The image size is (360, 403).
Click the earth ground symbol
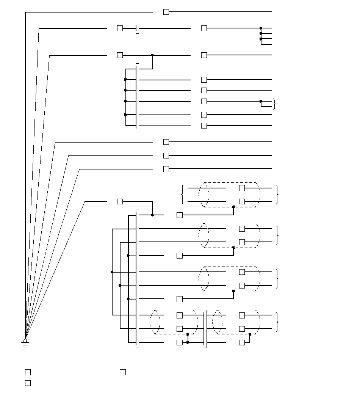pos(25,345)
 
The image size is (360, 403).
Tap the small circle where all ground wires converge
pos(25,340)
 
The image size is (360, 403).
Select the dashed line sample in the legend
pos(136,383)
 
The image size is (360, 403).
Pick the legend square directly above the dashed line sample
pos(122,372)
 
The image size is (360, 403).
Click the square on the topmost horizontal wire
pos(166,12)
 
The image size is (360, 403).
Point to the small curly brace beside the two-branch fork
pos(274,104)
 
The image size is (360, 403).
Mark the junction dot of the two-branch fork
pos(261,101)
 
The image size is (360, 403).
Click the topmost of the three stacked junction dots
pos(261,28)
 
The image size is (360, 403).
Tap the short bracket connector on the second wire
pos(138,28)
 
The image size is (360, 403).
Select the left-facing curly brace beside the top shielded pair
pos(183,194)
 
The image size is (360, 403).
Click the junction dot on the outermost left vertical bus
pos(112,272)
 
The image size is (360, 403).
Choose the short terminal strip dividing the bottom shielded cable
pos(205,329)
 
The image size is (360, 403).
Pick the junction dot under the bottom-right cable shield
pos(250,334)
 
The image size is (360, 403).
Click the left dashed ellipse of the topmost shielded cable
pos(204,194)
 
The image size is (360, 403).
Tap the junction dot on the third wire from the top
pos(152,55)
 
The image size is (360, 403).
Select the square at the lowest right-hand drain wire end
pos(242,342)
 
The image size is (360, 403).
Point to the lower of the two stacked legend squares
pos(28,383)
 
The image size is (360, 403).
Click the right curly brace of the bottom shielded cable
pos(278,322)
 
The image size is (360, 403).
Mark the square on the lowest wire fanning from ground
pos(120,201)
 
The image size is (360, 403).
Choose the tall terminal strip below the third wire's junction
pos(138,97)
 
